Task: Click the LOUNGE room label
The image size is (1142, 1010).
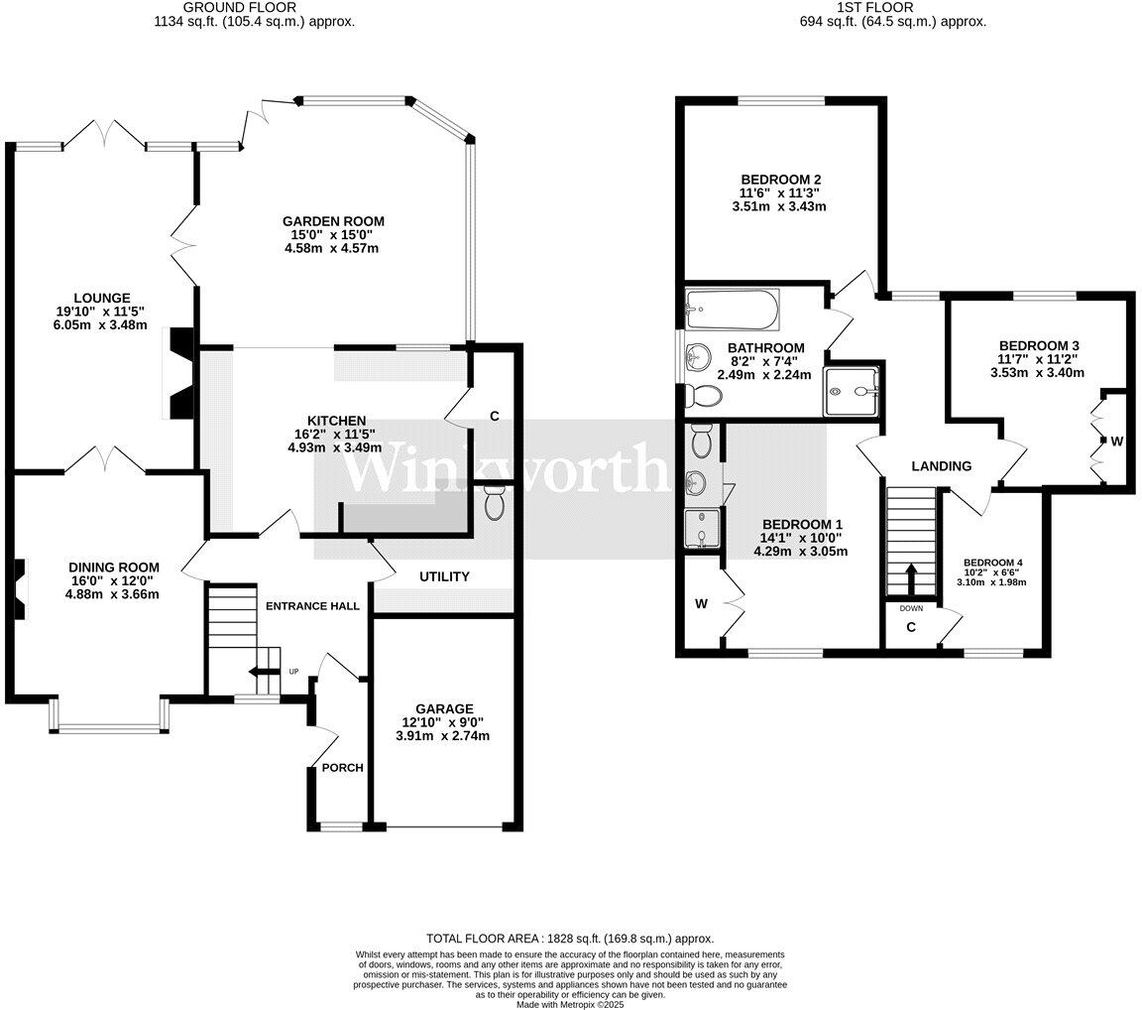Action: coord(102,298)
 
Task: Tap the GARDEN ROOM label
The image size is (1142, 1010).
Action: coord(333,221)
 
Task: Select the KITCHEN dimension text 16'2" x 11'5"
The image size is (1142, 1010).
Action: coord(330,434)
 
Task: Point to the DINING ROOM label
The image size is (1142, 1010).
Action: coord(114,567)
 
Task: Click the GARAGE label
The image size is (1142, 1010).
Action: coord(444,708)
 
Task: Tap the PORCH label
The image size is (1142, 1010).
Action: coord(342,767)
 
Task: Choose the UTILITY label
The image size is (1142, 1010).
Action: coord(444,576)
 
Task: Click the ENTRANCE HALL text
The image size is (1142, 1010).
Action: coord(312,605)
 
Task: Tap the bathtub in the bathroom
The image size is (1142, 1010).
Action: coord(732,309)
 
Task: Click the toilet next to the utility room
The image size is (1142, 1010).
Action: coord(494,503)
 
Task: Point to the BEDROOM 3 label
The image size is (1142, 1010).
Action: coord(1039,345)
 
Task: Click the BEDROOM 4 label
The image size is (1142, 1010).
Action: coord(992,563)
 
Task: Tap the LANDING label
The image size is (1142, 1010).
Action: coord(942,465)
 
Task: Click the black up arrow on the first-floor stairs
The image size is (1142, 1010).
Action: coord(910,579)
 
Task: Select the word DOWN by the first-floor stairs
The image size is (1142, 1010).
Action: coord(911,608)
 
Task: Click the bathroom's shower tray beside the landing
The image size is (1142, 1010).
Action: coord(851,392)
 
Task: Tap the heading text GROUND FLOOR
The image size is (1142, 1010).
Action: coord(240,7)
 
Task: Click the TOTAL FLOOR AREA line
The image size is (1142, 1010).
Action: coord(570,939)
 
